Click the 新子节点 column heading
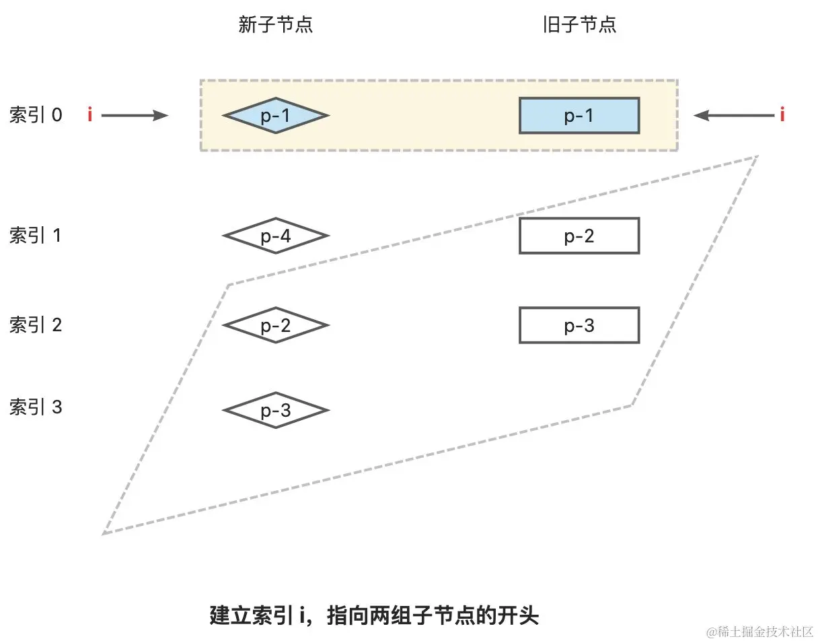pyautogui.click(x=276, y=25)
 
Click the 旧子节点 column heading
pyautogui.click(x=579, y=25)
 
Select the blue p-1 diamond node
pyautogui.click(x=276, y=116)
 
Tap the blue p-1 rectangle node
pyautogui.click(x=579, y=116)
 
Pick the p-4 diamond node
pyautogui.click(x=276, y=236)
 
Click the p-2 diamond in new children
pyautogui.click(x=276, y=325)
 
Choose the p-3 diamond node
pyautogui.click(x=276, y=410)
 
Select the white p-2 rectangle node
pyautogui.click(x=579, y=236)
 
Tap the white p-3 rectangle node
pyautogui.click(x=579, y=325)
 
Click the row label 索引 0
pyautogui.click(x=36, y=115)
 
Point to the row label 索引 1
pyautogui.click(x=36, y=236)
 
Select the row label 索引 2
pyautogui.click(x=36, y=325)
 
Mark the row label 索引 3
pyautogui.click(x=36, y=407)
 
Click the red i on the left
pyautogui.click(x=89, y=115)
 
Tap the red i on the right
pyautogui.click(x=782, y=115)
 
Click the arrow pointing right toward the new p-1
pyautogui.click(x=135, y=116)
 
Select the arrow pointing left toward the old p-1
pyautogui.click(x=733, y=116)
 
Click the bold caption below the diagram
pyautogui.click(x=375, y=616)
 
